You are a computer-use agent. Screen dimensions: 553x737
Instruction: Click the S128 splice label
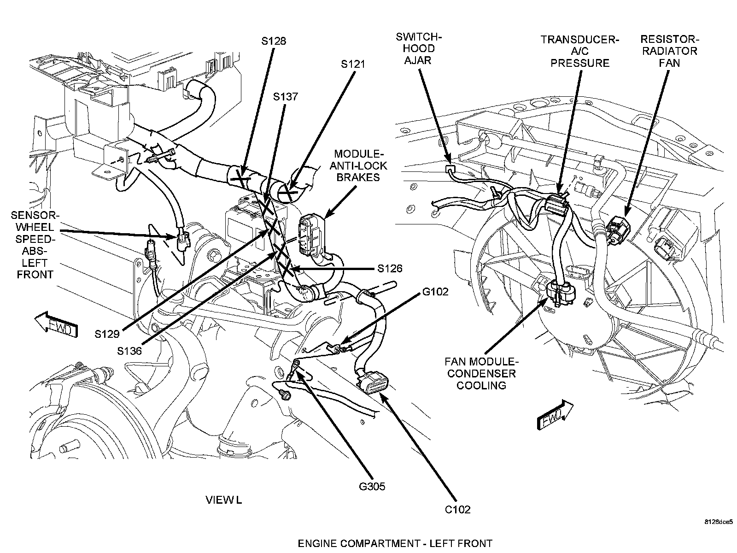274,41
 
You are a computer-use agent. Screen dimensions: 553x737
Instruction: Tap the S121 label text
353,65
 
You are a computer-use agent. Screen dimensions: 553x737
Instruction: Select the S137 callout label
286,97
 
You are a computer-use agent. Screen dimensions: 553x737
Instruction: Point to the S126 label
390,268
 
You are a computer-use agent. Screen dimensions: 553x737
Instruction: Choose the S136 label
129,351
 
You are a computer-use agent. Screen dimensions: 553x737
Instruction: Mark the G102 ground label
435,291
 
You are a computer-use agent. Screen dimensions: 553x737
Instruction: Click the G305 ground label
372,486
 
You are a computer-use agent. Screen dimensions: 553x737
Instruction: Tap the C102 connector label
458,509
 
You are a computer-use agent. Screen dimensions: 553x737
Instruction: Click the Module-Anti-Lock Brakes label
361,165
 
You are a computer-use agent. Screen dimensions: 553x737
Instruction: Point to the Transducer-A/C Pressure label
580,51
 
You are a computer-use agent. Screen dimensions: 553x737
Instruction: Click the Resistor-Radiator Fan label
670,51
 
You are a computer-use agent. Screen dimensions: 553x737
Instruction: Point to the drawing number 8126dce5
718,522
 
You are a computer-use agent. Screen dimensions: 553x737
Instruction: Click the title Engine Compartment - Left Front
395,543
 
